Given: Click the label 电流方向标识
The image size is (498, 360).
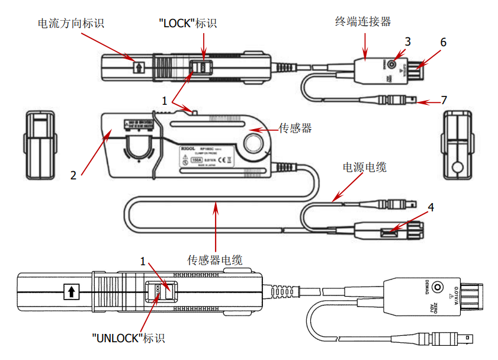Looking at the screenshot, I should (x=70, y=23).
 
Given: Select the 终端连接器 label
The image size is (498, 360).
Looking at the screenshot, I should (x=363, y=22).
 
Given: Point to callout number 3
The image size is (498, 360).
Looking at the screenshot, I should (x=407, y=41).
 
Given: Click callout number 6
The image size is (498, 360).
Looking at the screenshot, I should (x=442, y=43).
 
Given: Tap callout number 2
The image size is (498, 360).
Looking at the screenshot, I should (x=73, y=175).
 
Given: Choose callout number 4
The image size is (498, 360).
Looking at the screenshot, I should (x=431, y=207).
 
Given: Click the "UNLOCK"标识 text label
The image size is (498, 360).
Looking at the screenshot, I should (x=128, y=338).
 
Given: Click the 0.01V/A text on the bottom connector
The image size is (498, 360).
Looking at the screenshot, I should (x=457, y=292).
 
